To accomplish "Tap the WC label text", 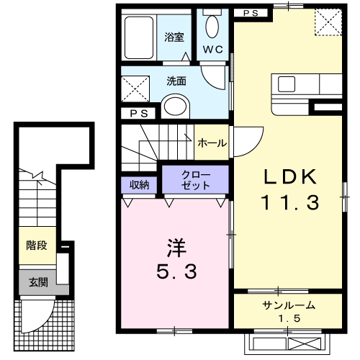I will [x=213, y=50].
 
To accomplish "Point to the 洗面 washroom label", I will [x=176, y=81].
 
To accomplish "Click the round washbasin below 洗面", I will [x=174, y=107].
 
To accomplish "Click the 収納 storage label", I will [x=139, y=184].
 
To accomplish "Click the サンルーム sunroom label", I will [x=287, y=305].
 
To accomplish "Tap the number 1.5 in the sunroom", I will [x=287, y=319].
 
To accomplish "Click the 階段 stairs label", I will [x=37, y=246].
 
